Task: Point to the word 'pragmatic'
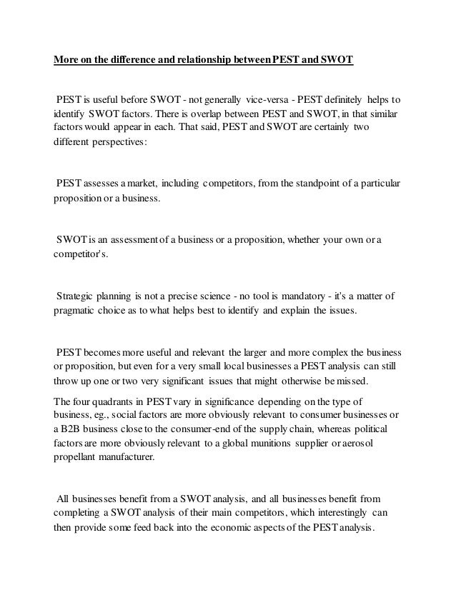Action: click(78, 311)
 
